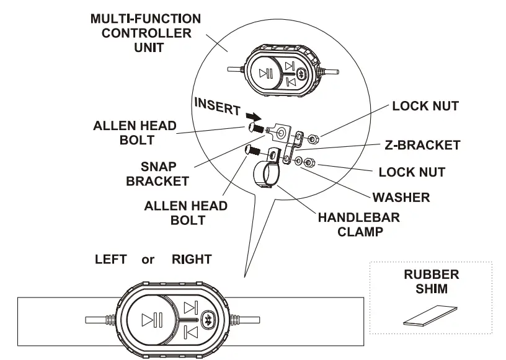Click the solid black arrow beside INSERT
(252, 116)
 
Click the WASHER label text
(401, 198)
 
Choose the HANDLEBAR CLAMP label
(359, 225)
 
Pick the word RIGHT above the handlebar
(191, 260)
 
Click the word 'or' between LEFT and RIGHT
(148, 260)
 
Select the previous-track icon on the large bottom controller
(192, 333)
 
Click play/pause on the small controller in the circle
(266, 73)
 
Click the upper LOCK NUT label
(425, 106)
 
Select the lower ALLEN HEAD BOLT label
(185, 212)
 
